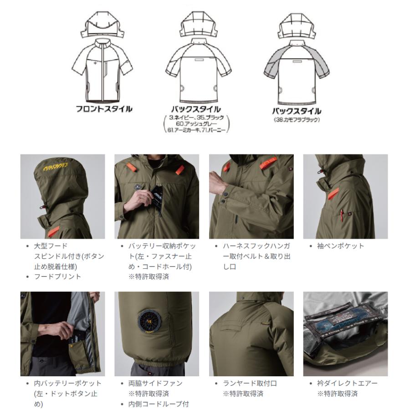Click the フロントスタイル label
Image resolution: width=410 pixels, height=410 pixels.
[104, 109]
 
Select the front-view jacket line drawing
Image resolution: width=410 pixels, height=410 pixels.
[102, 70]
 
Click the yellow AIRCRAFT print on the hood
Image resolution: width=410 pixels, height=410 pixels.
[56, 166]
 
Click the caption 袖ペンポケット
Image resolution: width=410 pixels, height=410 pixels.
[340, 246]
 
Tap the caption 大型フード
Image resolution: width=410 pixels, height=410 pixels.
[51, 246]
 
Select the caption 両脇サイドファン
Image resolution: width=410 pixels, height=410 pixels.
[155, 383]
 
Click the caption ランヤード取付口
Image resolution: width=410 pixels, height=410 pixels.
[250, 383]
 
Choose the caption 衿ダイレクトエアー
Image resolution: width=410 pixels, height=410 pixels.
[347, 383]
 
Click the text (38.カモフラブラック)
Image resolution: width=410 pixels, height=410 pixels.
[297, 120]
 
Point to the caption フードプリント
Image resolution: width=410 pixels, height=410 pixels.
[57, 277]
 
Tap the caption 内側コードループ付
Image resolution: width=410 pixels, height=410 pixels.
[159, 404]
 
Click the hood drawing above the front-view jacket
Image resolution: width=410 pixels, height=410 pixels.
[102, 25]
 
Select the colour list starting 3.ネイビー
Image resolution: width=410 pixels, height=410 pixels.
[196, 123]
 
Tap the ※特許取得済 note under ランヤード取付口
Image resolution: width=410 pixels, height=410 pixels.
[243, 394]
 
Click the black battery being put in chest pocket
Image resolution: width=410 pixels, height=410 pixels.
[156, 197]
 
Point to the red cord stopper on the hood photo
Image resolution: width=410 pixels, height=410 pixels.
[42, 207]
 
